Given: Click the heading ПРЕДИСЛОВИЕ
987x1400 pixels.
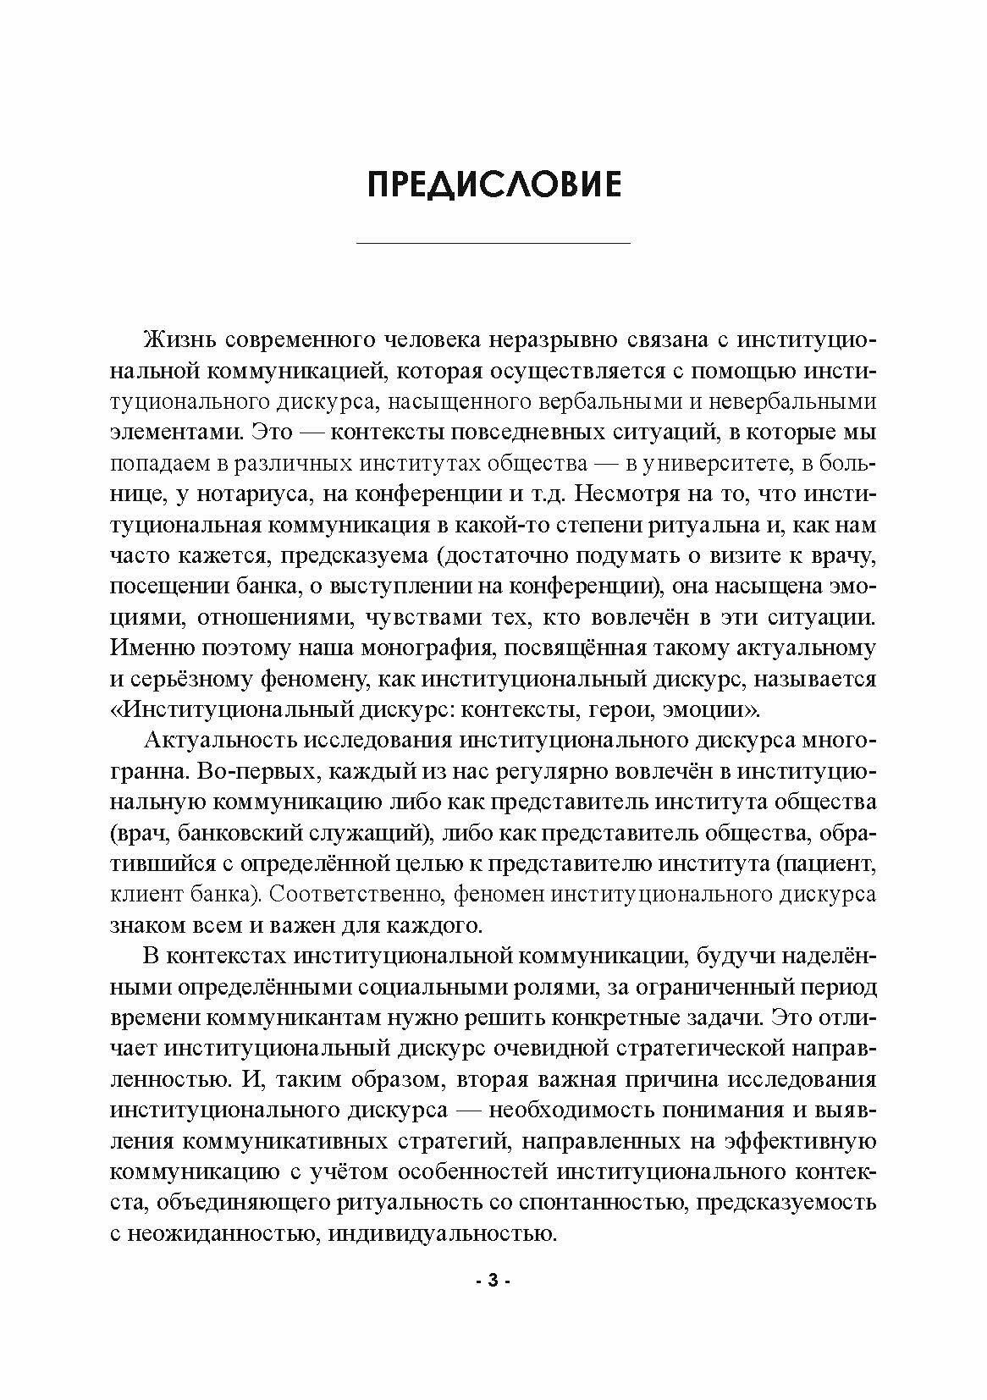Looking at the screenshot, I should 493,185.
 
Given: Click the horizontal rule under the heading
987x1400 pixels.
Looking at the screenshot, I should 493,244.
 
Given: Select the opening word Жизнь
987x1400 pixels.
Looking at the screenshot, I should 174,340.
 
